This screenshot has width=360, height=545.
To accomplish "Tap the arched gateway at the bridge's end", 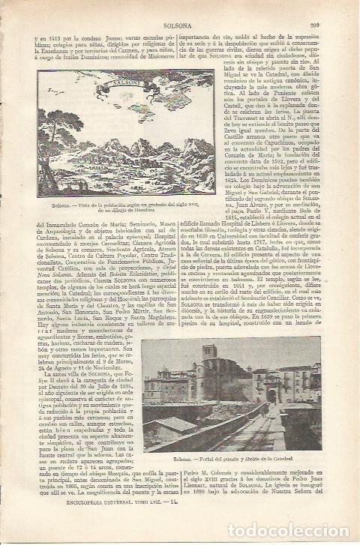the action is (x=271, y=393).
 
